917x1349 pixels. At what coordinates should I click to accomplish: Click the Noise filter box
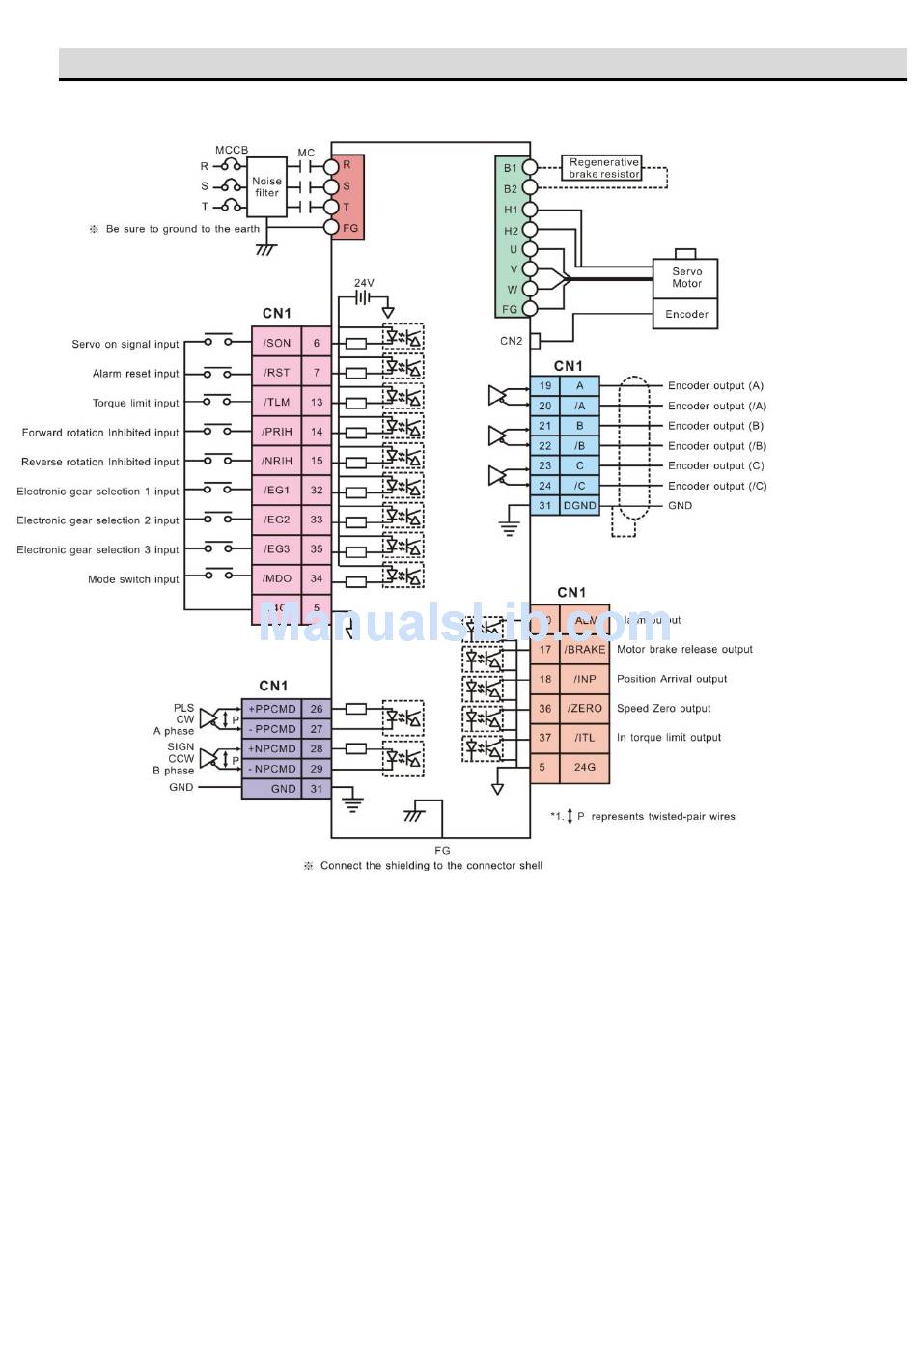click(x=267, y=186)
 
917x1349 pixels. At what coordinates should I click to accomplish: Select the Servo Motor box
click(x=686, y=278)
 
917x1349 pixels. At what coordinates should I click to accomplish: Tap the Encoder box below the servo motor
click(x=686, y=314)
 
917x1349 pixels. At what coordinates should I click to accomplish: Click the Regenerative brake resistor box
click(x=603, y=168)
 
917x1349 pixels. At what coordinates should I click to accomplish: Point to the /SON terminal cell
click(x=277, y=343)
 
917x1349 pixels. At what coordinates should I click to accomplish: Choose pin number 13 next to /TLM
click(x=317, y=403)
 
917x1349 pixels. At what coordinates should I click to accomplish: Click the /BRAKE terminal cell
click(x=585, y=650)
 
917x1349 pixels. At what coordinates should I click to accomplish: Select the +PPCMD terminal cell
click(x=272, y=709)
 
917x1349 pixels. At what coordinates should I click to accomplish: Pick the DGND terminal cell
click(x=579, y=505)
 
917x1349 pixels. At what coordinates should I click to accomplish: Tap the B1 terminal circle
click(x=530, y=167)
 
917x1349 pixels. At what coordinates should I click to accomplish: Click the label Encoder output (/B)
click(x=717, y=446)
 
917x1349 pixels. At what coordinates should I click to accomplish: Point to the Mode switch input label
click(x=133, y=579)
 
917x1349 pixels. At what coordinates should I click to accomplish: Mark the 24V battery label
click(x=364, y=283)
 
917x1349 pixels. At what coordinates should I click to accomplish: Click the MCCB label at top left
click(x=232, y=150)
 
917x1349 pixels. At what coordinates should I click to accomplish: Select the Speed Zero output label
click(x=663, y=709)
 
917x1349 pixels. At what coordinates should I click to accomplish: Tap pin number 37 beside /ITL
click(x=545, y=738)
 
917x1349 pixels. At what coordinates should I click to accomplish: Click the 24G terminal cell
click(x=585, y=767)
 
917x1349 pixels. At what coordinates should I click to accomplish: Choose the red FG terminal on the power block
click(x=349, y=228)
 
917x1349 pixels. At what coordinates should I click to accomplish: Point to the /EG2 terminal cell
click(x=277, y=520)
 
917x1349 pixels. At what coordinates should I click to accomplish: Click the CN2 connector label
click(x=511, y=341)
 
